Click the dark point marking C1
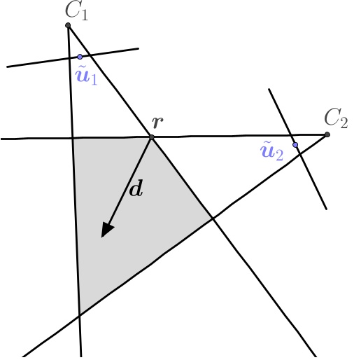pos(68,26)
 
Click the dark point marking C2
pos(327,134)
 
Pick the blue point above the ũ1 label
pos(80,57)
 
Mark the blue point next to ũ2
pos(295,145)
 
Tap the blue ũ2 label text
pos(271,151)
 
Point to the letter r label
pos(158,122)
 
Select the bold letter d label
pos(136,189)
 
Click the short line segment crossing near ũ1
pos(42,62)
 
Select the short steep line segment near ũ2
pos(308,168)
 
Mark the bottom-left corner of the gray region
pos(79,313)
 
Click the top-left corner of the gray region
pos(73,139)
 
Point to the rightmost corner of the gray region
pos(213,218)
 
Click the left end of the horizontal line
pos(3,139)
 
